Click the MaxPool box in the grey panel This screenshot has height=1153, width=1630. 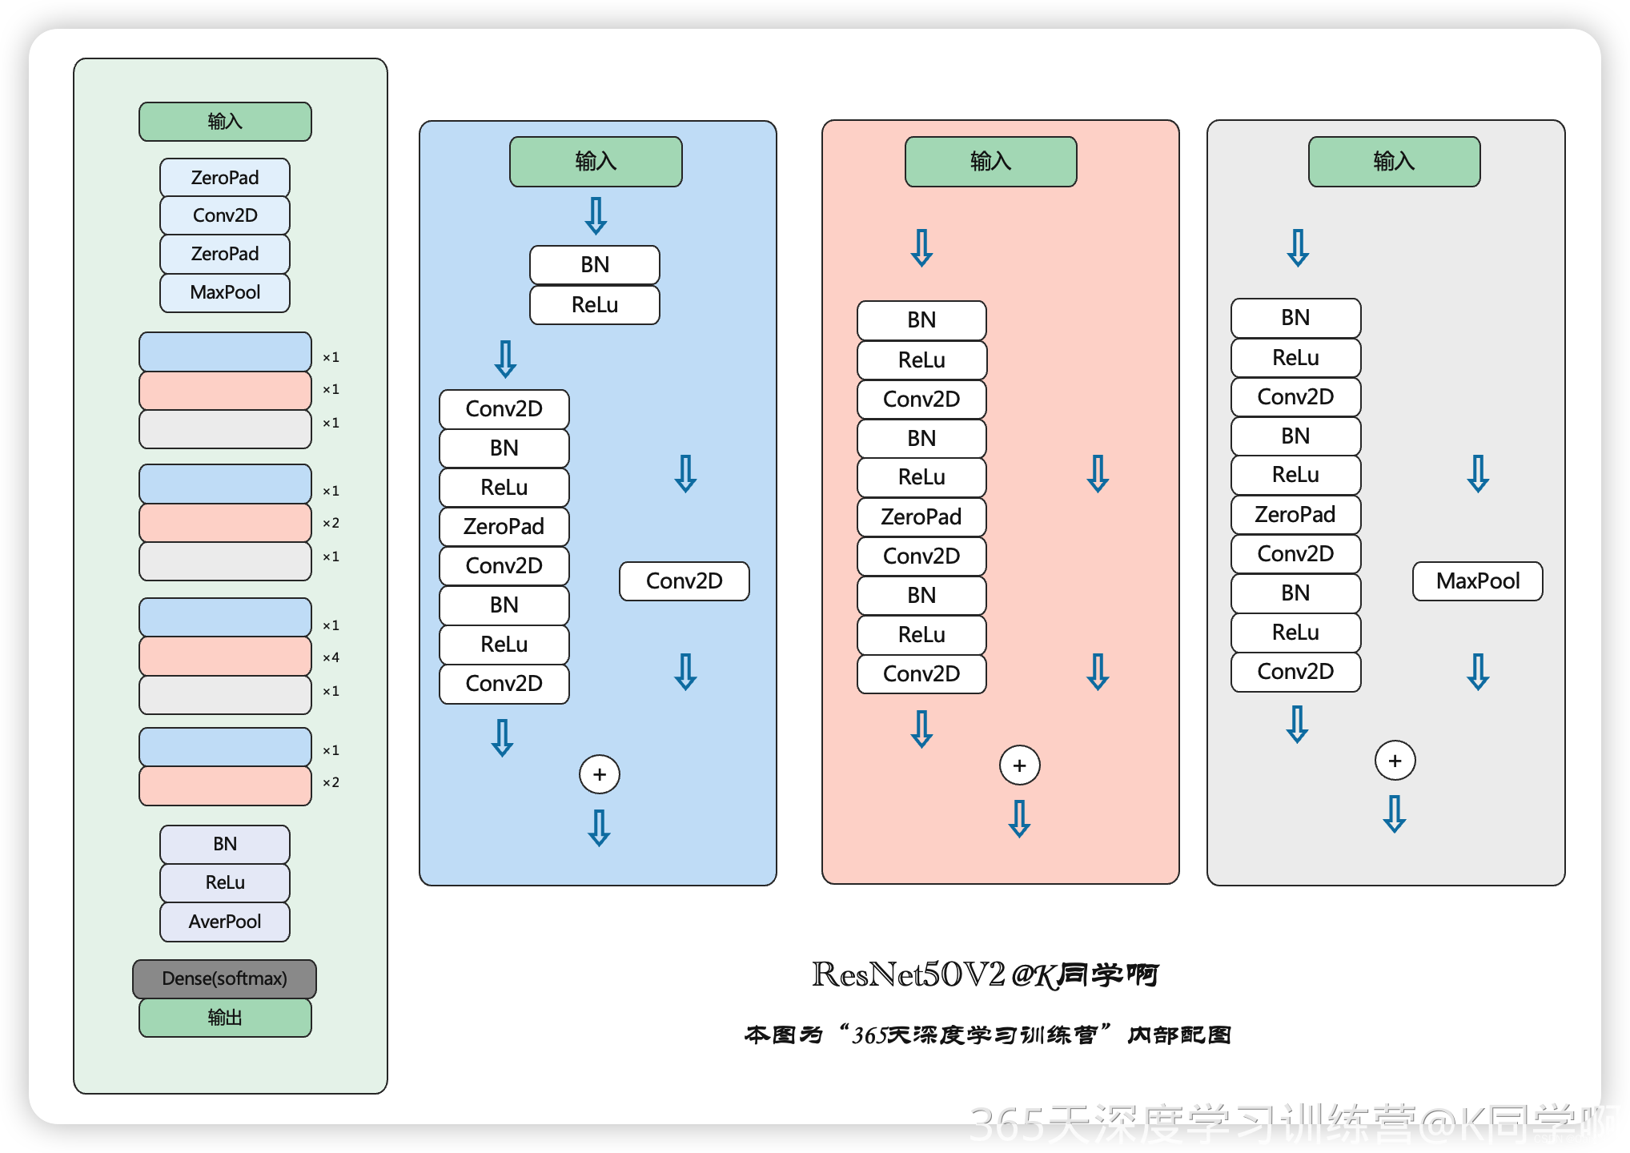coord(1477,581)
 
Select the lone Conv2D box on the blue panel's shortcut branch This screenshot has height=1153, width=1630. coord(684,581)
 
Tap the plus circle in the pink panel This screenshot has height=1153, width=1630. coord(1019,765)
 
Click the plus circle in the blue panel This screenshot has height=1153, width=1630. coord(599,774)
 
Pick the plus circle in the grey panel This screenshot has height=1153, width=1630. coord(1395,761)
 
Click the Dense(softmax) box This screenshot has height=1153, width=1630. coord(224,978)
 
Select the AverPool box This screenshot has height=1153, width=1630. coord(224,922)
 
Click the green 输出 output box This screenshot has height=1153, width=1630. coord(224,1018)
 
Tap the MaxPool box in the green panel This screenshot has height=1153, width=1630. coord(224,292)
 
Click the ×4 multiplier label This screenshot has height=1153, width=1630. coord(331,657)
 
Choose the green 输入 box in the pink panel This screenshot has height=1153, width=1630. coord(990,162)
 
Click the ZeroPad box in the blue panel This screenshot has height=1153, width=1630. coord(504,526)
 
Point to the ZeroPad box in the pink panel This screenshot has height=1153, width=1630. coord(921,516)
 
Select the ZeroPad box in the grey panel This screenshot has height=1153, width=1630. coord(1295,514)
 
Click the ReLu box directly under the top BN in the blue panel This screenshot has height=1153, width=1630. coord(594,305)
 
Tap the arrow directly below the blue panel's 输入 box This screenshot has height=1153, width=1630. coord(596,215)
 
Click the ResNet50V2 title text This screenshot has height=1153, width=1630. coord(908,974)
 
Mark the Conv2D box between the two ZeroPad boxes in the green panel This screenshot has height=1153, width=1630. coord(224,215)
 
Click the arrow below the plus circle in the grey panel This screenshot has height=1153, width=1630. coord(1394,814)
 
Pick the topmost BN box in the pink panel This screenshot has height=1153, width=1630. coord(921,320)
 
